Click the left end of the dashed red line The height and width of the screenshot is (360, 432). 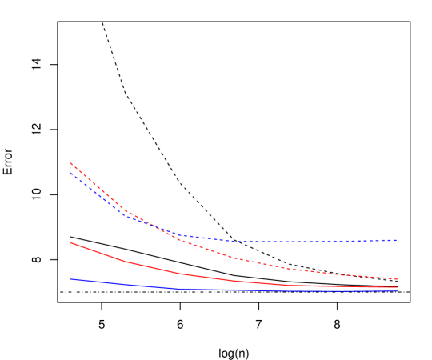[70, 163]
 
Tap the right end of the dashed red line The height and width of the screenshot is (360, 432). [398, 279]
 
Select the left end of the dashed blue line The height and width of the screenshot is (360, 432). [70, 173]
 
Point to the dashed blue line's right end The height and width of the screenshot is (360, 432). [398, 240]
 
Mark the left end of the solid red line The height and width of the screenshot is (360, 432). [70, 242]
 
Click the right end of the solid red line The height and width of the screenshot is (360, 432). [398, 287]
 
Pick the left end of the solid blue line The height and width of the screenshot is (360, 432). [70, 279]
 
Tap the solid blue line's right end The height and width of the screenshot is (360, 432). [398, 290]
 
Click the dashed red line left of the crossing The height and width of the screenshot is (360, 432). [104, 192]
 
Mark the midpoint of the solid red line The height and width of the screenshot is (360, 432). [234, 281]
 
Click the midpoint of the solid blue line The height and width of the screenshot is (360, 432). [234, 290]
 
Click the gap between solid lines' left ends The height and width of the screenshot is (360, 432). [70, 261]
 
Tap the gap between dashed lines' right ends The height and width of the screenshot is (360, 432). [398, 260]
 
